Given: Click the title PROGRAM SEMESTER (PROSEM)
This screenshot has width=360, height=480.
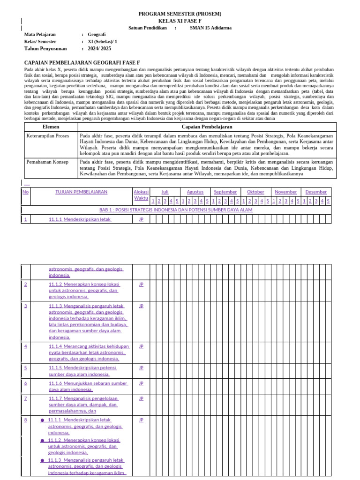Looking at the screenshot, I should point(180,14).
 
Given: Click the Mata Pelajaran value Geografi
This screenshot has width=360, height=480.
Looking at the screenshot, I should point(97,34).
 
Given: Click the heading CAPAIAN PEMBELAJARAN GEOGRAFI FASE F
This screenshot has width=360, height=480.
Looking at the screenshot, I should point(82,62).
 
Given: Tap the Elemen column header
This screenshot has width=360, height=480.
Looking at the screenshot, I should point(51,127).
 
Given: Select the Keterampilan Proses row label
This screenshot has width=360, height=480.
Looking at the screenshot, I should point(47,136).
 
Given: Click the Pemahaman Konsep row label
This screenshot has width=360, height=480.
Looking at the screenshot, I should point(47,162).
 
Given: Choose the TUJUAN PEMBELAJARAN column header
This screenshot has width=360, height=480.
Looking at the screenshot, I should point(81,192).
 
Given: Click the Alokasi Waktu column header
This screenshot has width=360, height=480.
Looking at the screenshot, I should point(141,195).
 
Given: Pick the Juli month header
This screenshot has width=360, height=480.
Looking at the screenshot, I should point(165,192).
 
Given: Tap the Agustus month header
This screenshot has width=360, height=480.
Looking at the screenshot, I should point(195,192).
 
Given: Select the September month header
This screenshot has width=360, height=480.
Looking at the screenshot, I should point(225,192).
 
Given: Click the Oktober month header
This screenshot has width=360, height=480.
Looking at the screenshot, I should point(255,192).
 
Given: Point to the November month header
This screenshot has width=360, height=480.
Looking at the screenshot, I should point(285,192).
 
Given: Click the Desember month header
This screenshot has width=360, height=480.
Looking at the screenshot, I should point(316,192).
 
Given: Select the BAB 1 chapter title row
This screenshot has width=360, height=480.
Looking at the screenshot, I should point(176,210).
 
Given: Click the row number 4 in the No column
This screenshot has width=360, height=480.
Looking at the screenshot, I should point(26,346).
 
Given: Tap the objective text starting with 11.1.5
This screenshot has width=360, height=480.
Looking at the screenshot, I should point(82,371).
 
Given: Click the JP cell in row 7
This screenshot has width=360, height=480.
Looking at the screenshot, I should point(141,398).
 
